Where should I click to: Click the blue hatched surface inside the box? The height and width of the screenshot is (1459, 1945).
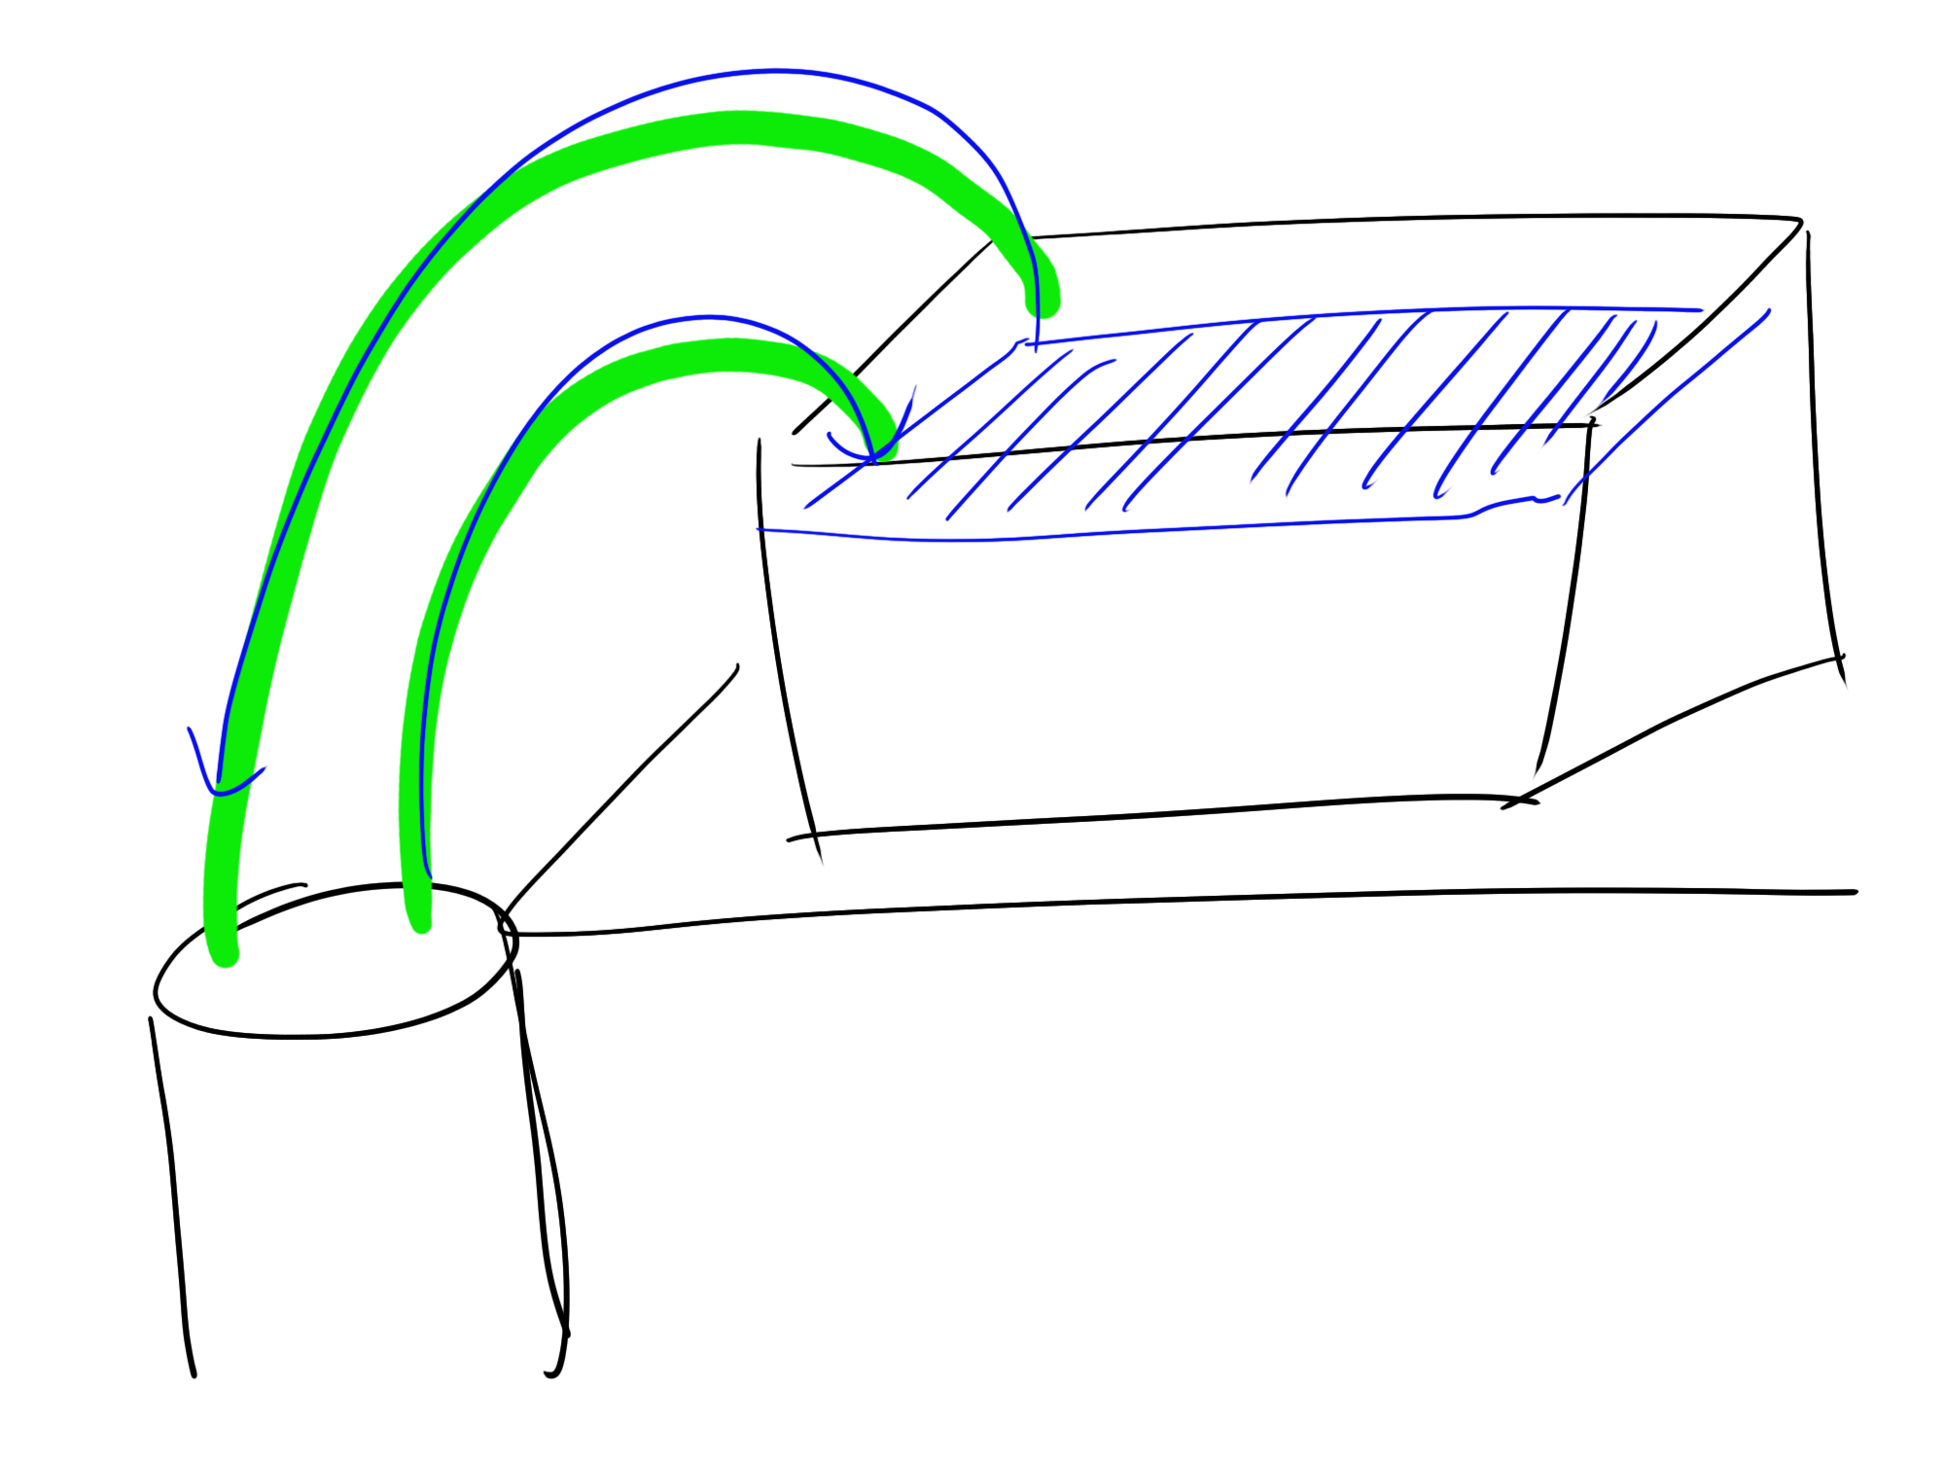point(1264,409)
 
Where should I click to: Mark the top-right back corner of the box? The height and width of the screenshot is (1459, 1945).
point(1799,222)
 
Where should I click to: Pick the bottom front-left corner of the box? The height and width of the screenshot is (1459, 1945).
point(815,836)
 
